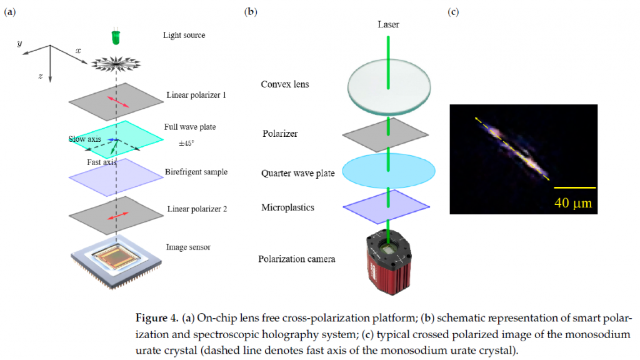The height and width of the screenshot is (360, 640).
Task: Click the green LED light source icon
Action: click(116, 37)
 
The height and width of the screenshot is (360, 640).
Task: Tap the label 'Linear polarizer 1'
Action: click(196, 95)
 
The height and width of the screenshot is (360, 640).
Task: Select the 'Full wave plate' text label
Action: click(190, 127)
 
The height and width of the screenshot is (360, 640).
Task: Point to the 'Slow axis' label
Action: click(84, 139)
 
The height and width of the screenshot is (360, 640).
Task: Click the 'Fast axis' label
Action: click(102, 162)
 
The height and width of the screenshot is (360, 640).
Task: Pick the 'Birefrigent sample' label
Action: click(196, 172)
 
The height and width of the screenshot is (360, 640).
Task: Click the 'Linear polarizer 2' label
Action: click(197, 209)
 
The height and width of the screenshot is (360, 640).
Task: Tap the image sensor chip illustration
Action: click(117, 261)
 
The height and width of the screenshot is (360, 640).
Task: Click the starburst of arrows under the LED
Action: click(116, 64)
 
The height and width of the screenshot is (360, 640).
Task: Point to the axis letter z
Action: click(41, 76)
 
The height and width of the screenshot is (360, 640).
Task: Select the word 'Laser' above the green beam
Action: click(388, 24)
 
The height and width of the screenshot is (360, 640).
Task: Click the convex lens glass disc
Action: click(389, 87)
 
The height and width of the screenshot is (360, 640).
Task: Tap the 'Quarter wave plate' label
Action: click(298, 174)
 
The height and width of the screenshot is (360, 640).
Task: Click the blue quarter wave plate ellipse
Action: click(389, 171)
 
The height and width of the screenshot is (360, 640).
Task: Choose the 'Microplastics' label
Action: click(287, 207)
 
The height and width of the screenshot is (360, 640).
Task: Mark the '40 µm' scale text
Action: click(573, 203)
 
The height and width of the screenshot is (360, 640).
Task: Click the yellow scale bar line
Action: click(575, 187)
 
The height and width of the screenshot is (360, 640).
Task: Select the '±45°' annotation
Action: click(186, 143)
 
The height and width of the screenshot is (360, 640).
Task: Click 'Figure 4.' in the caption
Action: click(157, 318)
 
